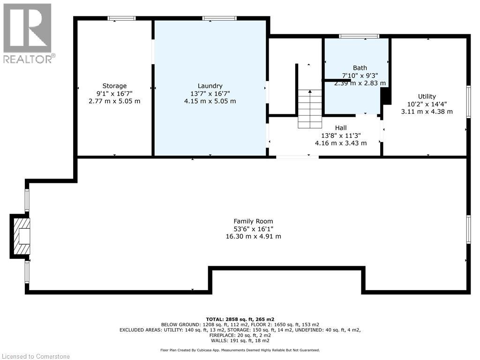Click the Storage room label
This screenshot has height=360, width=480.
(115, 86)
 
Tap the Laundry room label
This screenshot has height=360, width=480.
(210, 86)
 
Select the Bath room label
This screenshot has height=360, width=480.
(360, 68)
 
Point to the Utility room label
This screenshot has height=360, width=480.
(427, 97)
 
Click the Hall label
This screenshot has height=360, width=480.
(341, 127)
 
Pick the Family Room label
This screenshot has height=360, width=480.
(253, 221)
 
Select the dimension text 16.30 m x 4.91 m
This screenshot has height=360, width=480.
(253, 237)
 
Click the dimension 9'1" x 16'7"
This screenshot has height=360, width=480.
(115, 93)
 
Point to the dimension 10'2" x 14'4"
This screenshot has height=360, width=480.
(427, 104)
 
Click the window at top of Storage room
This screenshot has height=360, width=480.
(121, 18)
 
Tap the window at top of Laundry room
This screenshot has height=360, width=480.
(219, 18)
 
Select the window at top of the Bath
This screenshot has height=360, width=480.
(359, 36)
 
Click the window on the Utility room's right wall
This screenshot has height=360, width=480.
(468, 101)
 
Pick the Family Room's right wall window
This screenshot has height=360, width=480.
(468, 229)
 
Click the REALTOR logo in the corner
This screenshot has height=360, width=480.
(28, 33)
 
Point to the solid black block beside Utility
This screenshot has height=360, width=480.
(386, 97)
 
